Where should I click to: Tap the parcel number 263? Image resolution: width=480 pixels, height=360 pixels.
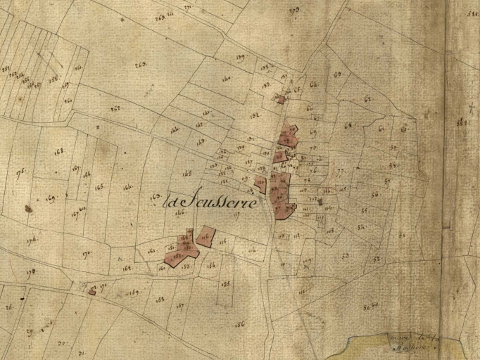(x=140, y=65)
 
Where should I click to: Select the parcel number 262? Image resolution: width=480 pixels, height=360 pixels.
(x=115, y=108)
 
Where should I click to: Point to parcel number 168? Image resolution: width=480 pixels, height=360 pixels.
(x=58, y=150)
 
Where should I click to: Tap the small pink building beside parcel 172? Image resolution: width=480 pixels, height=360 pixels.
(x=91, y=290)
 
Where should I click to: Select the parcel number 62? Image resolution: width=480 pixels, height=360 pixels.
(x=367, y=99)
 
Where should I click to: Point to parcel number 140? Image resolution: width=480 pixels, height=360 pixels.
(x=227, y=79)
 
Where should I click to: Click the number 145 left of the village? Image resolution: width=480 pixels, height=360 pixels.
(x=187, y=173)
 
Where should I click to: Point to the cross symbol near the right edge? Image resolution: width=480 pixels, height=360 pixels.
(x=469, y=110)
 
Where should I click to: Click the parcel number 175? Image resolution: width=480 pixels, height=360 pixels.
(x=20, y=171)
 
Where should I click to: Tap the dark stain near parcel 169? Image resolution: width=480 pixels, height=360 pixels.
(x=28, y=208)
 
